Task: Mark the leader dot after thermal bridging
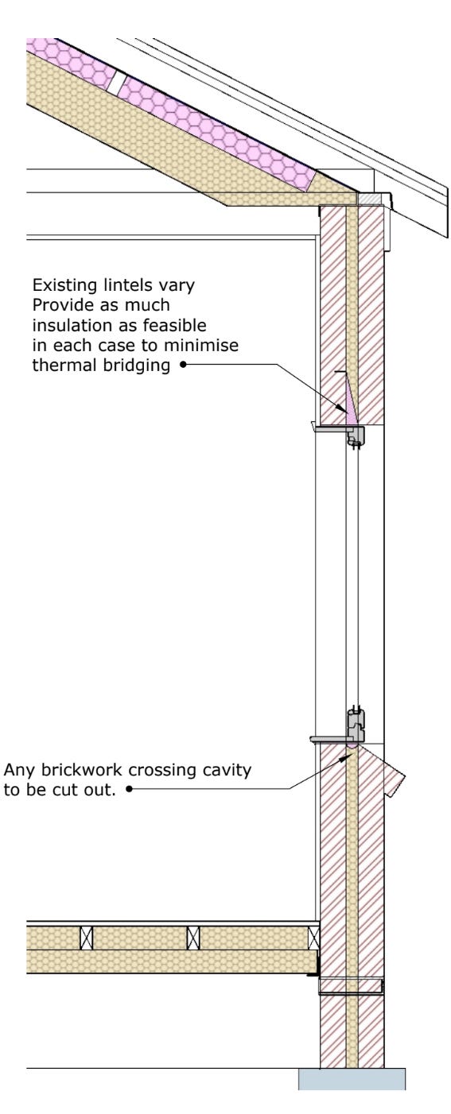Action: click(183, 365)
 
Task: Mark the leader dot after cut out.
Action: click(129, 789)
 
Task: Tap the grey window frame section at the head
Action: click(356, 435)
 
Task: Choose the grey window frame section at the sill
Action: click(356, 726)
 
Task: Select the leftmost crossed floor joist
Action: click(87, 938)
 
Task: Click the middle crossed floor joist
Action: click(193, 938)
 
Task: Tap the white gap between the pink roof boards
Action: click(115, 84)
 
